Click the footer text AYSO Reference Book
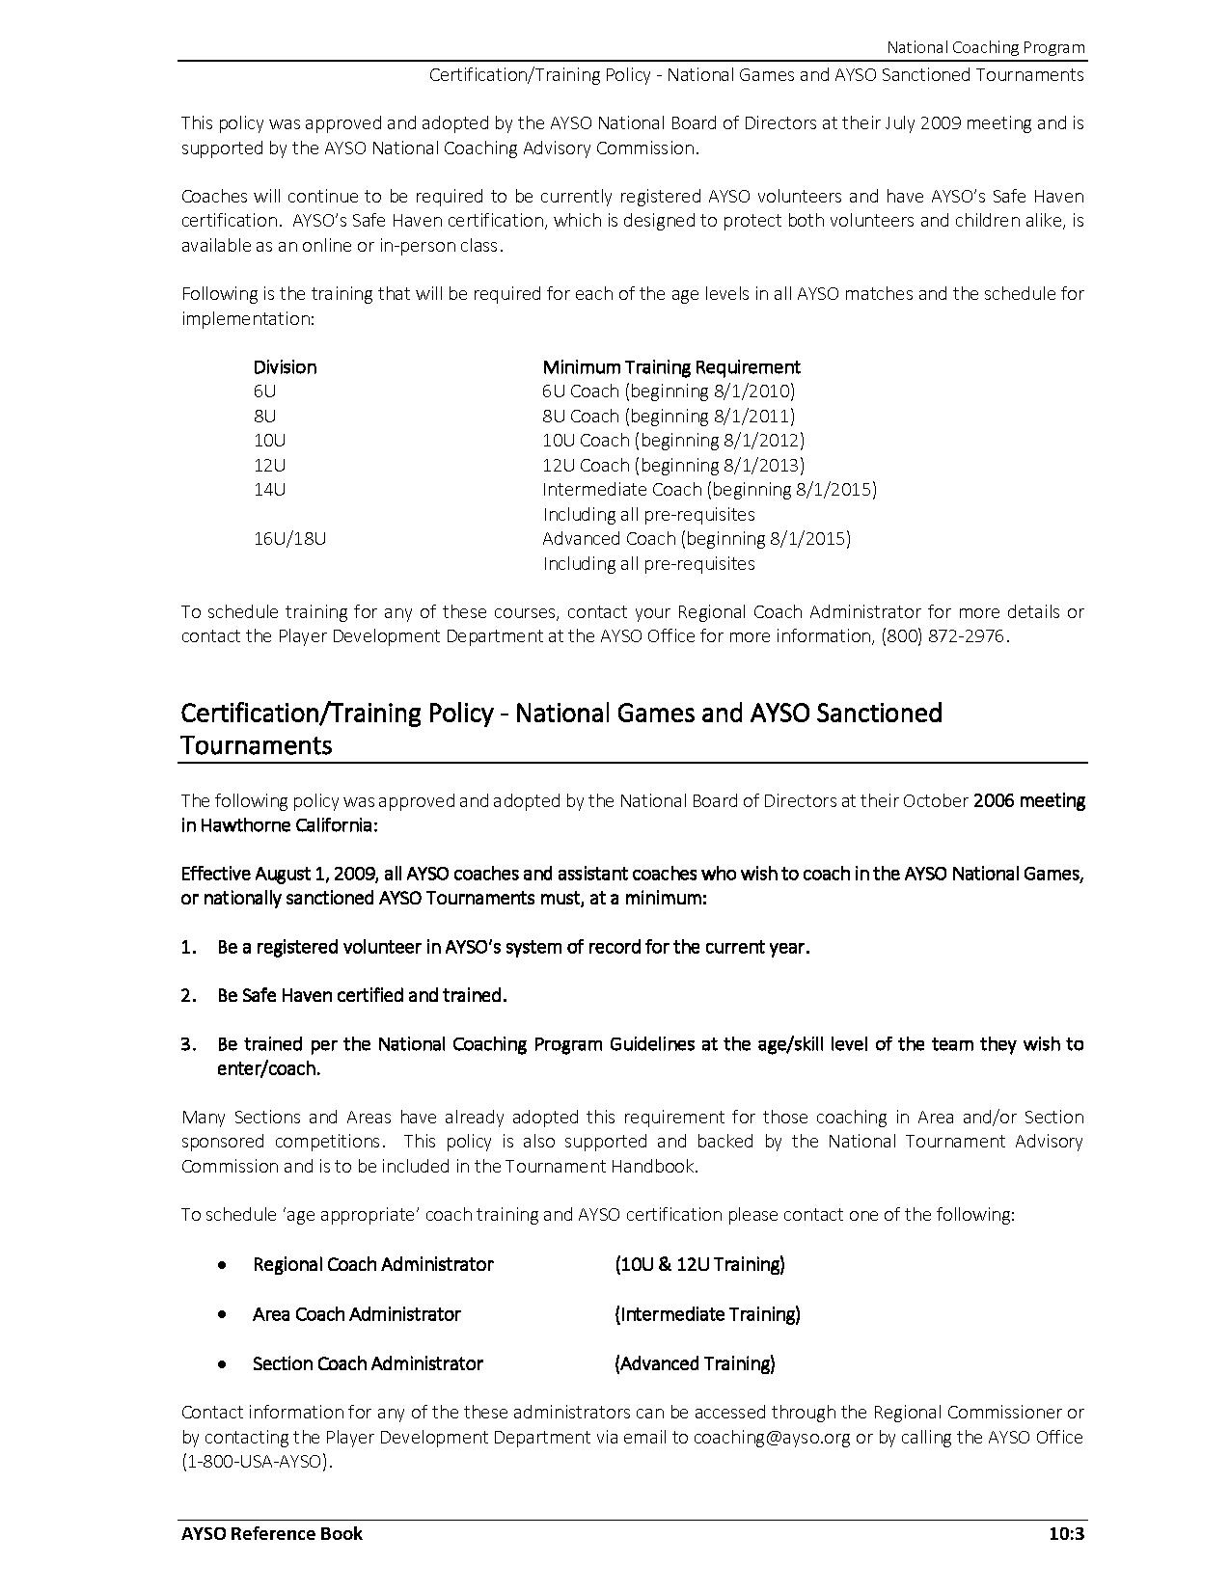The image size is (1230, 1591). point(272,1533)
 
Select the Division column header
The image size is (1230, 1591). point(285,367)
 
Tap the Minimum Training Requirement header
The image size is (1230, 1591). point(671,367)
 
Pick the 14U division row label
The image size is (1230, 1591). point(269,490)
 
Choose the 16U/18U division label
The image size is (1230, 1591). point(289,539)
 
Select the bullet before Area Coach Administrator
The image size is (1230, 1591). point(223,1314)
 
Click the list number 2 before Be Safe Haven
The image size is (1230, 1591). point(188,996)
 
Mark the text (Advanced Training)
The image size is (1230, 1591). point(695,1364)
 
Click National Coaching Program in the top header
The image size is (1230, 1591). point(985,47)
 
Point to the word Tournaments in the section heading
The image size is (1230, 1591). point(257,745)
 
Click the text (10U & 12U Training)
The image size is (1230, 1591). point(699,1265)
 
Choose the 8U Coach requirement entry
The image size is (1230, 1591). point(581,417)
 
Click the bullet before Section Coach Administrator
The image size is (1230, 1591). point(223,1364)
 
